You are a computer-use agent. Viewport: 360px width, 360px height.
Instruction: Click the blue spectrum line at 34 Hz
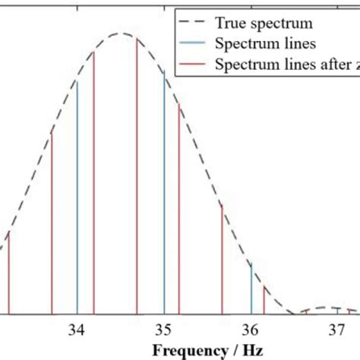click(x=77, y=197)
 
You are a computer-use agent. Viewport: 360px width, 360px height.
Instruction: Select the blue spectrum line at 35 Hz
click(x=164, y=190)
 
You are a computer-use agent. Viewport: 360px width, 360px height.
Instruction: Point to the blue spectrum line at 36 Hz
click(x=251, y=289)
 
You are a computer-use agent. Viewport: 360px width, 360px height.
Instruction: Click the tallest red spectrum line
click(x=137, y=175)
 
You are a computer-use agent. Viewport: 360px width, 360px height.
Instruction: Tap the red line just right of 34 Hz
click(x=94, y=182)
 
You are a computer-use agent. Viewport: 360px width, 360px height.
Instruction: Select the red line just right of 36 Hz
click(x=264, y=301)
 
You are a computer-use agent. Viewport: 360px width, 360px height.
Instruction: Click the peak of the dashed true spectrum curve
click(x=120, y=33)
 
